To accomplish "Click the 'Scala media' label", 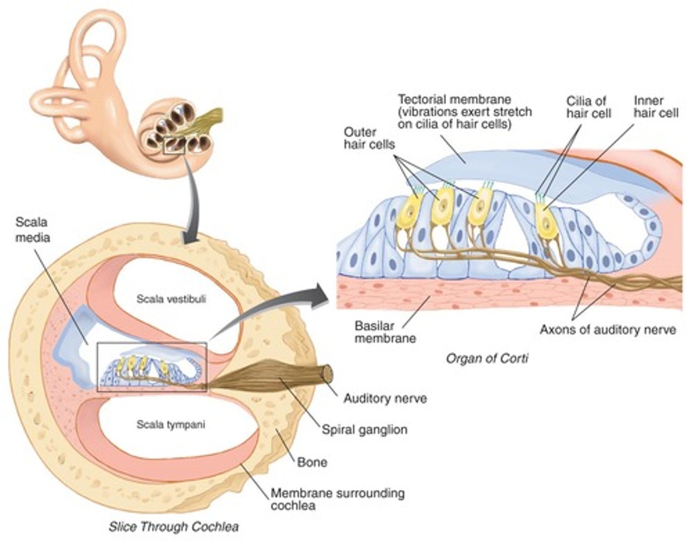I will [32, 229].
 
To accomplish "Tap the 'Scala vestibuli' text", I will [171, 299].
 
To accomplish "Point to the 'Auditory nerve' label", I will [385, 398].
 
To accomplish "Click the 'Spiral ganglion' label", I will [364, 429].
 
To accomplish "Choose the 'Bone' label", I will [312, 462].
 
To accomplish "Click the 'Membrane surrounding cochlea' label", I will [337, 499].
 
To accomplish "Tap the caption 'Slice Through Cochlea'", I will [173, 527].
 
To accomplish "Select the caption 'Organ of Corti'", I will [487, 358].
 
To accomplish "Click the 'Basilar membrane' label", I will [384, 332].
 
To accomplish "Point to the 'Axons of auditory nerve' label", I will [608, 330].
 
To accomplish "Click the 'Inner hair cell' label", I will [655, 107].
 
